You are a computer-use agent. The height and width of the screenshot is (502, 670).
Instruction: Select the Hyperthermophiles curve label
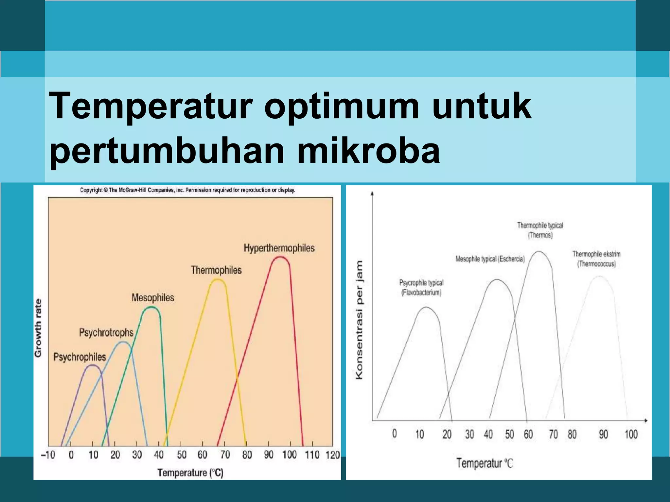point(279,248)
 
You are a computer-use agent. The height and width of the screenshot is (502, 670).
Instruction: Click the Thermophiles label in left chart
point(216,270)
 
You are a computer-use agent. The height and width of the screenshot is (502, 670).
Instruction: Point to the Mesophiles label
point(153,298)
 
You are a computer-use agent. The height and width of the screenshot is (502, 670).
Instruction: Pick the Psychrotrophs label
point(106,333)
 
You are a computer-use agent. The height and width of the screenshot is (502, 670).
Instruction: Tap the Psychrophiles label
point(79,357)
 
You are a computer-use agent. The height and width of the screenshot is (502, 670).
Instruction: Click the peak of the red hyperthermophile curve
point(280,257)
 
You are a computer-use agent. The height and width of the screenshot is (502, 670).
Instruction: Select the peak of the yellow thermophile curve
point(217,279)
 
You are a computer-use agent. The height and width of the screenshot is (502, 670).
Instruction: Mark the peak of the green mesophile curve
point(151,307)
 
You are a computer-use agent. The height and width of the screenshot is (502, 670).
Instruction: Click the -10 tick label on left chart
point(48,455)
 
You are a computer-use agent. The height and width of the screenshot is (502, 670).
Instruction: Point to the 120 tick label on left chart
point(332,455)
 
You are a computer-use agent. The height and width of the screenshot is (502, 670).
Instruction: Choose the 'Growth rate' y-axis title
point(38,328)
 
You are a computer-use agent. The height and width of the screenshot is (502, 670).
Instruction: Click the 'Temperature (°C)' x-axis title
point(190,473)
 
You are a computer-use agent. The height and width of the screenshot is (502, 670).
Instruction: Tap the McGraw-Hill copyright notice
point(187,190)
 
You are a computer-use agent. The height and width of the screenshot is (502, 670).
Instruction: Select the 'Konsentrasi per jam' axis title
point(359,320)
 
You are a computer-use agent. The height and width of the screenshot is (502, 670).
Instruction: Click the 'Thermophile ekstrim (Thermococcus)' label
point(596,259)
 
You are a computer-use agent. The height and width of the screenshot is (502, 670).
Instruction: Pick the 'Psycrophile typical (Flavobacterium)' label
point(421,287)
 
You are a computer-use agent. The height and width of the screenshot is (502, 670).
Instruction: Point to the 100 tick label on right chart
point(631,434)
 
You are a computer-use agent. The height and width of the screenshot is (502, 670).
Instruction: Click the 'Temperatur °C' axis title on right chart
point(485,463)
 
